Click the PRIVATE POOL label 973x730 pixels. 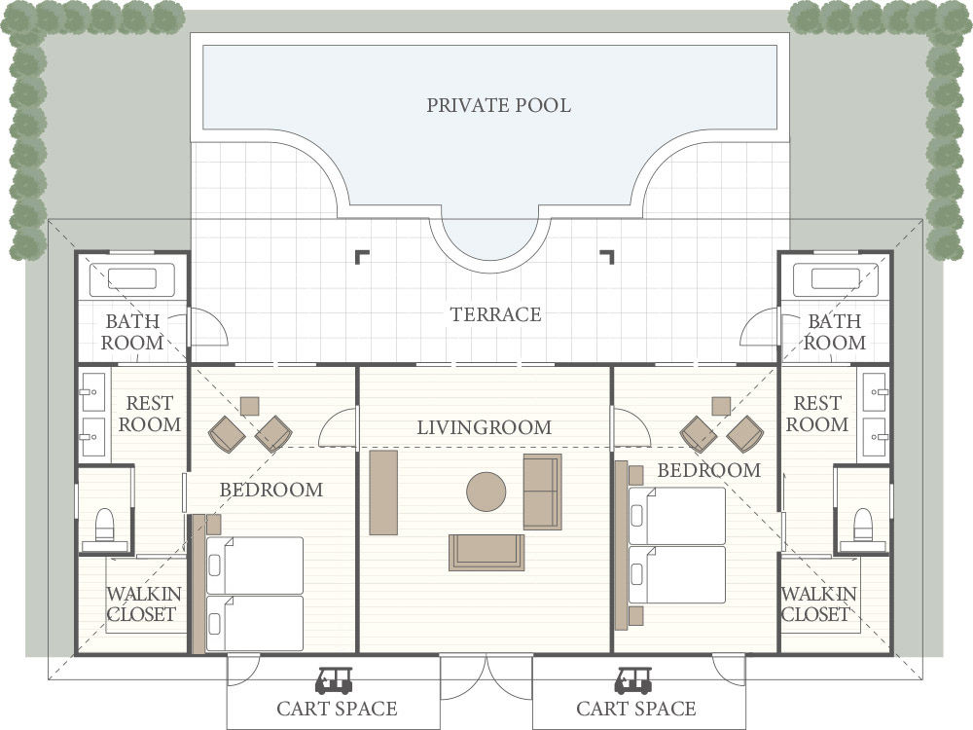point(498,105)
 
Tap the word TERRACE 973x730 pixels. point(495,314)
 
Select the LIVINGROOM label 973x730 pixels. point(484,427)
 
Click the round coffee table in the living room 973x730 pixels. point(486,492)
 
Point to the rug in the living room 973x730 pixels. point(486,553)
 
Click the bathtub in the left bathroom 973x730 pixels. point(132,280)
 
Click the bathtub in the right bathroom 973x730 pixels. point(835,280)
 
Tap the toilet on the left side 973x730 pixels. point(105,526)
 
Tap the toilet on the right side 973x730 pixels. point(862,526)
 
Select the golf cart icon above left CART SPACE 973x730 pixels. point(334,681)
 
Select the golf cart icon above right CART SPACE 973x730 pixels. point(633,681)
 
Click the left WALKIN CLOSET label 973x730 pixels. point(143,604)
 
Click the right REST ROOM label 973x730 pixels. point(816,414)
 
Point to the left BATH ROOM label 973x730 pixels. point(132,332)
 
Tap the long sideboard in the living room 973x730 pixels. point(383,493)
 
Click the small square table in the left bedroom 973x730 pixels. point(249,406)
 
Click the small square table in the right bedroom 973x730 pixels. point(721,406)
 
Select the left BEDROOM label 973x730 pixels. point(271,490)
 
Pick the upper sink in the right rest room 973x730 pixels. point(875,392)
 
